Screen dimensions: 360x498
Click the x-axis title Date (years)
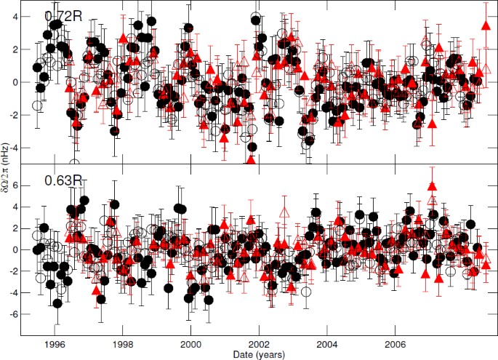pyautogui.click(x=259, y=353)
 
